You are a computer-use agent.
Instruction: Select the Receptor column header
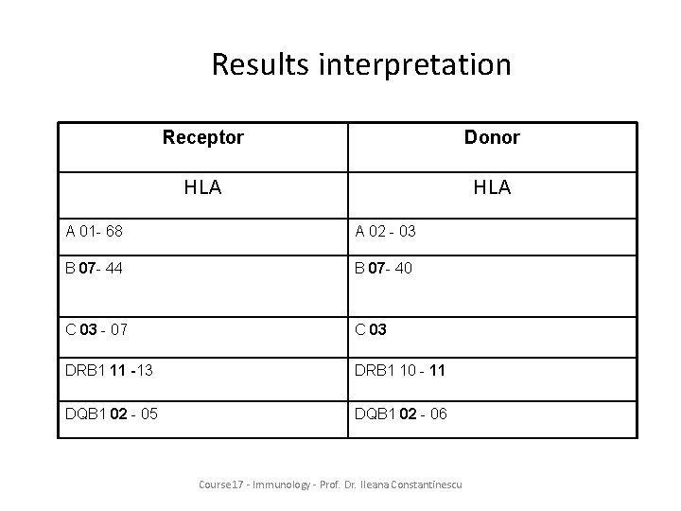coord(203,137)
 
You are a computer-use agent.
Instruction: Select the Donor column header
coord(492,137)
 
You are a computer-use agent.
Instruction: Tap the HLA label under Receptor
coord(203,187)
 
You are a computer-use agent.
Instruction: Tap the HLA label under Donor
coord(492,187)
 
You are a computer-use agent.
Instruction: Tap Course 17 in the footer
coord(222,485)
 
